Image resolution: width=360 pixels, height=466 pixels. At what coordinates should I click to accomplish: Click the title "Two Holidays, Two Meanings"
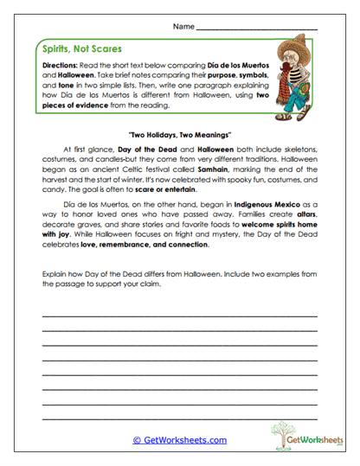(x=180, y=136)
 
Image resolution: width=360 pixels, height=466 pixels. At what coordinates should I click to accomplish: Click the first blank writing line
(x=180, y=316)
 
